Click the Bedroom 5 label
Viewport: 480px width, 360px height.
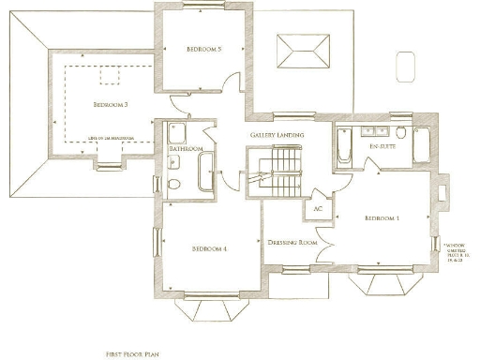[x=203, y=48]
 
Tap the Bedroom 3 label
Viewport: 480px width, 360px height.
[x=111, y=105]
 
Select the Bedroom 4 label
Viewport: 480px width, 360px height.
[x=210, y=248]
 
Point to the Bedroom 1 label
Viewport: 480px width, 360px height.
[x=382, y=217]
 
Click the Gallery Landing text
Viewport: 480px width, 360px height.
[x=276, y=136]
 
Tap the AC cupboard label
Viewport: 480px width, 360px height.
[x=318, y=208]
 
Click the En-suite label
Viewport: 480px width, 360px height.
[x=381, y=146]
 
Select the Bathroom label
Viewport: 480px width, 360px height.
[x=186, y=149]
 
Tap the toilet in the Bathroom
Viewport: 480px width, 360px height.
[x=172, y=184]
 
